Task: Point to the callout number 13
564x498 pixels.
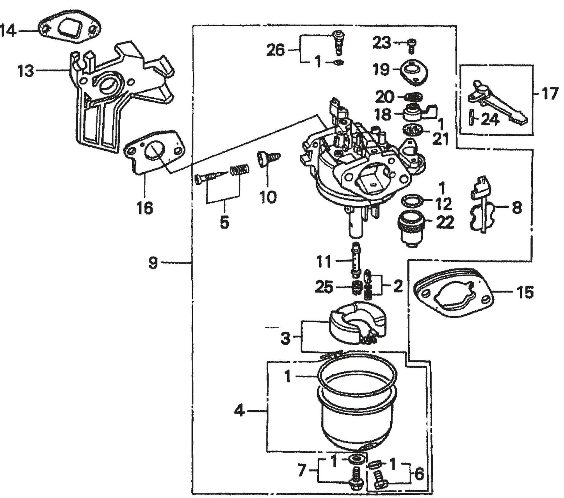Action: click(x=25, y=71)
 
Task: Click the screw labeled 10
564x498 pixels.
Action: click(x=269, y=159)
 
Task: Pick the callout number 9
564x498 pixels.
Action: click(x=153, y=263)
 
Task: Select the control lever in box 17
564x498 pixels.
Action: click(x=498, y=103)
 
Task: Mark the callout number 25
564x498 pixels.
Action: click(x=324, y=287)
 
